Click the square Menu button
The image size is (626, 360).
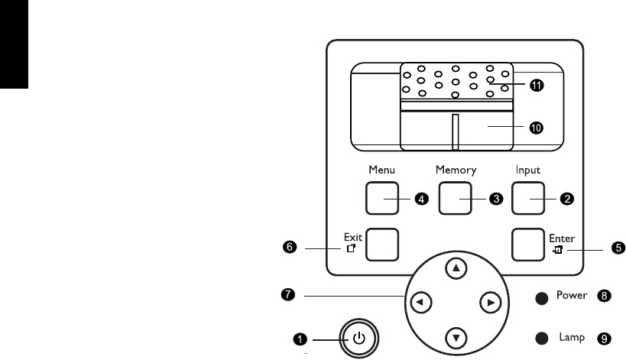click(x=383, y=199)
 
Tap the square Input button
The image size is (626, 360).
click(x=528, y=199)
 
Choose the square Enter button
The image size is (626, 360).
click(x=528, y=245)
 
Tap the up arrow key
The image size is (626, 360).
click(x=456, y=268)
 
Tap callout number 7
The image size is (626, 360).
click(x=288, y=294)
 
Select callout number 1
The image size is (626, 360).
click(x=303, y=337)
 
